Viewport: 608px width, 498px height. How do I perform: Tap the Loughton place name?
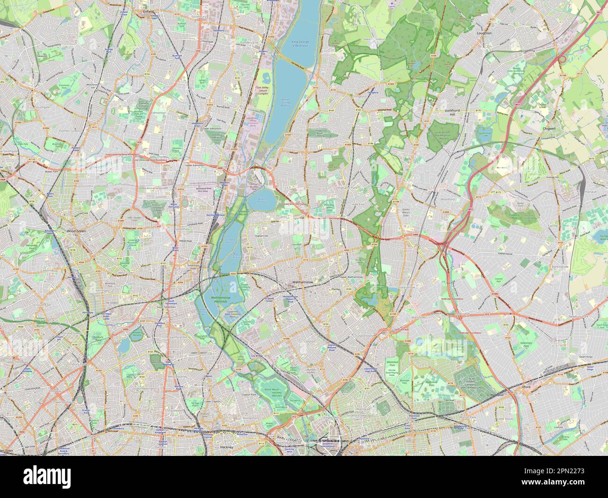tap(484, 33)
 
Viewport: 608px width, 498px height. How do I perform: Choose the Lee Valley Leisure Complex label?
tap(263, 90)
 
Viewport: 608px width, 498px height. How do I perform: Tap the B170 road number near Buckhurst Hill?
tap(478, 110)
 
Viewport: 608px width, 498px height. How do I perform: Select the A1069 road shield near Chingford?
tap(391, 84)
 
